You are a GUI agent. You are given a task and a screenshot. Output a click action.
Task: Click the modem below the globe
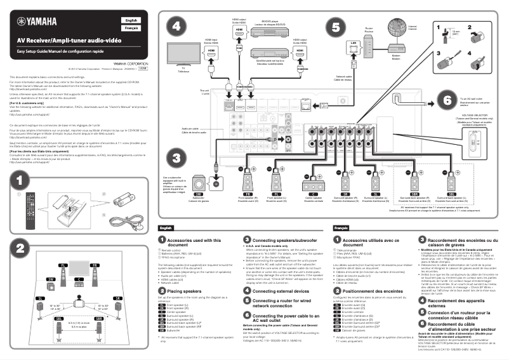pyautogui.click(x=397, y=51)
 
